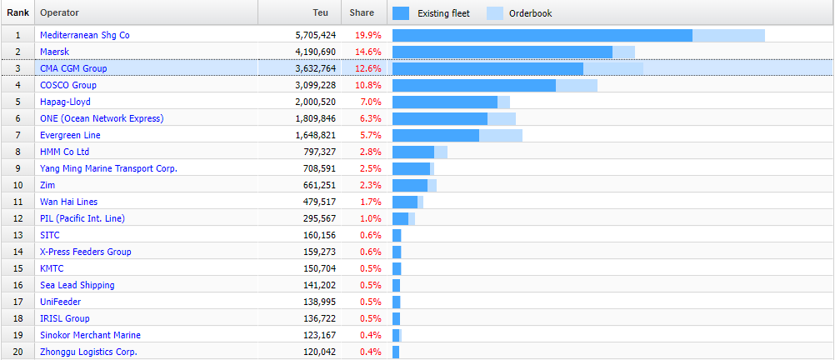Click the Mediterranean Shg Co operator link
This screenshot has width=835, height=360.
(85, 35)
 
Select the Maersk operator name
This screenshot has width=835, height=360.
(54, 52)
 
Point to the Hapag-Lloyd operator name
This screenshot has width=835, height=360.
(65, 102)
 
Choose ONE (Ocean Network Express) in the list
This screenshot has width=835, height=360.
(102, 118)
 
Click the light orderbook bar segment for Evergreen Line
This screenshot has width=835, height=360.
(501, 135)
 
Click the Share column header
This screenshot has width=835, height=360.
(362, 13)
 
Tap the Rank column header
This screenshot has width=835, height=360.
(17, 13)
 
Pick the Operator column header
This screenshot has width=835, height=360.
(59, 13)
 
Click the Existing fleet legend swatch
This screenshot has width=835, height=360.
(401, 13)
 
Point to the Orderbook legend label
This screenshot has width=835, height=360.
(531, 13)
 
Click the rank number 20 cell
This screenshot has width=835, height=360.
(17, 352)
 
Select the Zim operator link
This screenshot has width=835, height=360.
(47, 185)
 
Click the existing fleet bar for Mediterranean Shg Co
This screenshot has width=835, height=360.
(542, 35)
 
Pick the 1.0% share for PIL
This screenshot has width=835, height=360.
(370, 218)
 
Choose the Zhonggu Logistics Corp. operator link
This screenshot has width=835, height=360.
(88, 352)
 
